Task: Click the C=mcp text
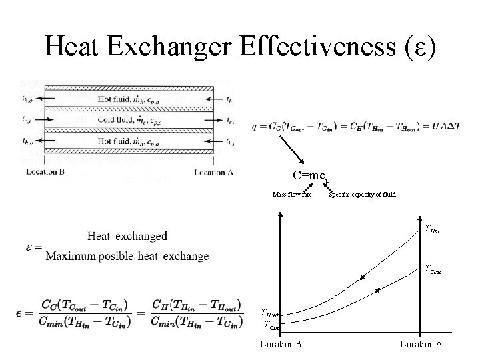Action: tap(311, 176)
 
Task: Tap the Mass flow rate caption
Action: tap(292, 195)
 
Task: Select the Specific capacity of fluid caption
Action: tap(363, 195)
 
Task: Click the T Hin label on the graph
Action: tap(431, 229)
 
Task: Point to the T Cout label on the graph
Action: tap(433, 269)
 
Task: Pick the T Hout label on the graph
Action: tap(273, 313)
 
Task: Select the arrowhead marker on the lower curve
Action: tap(377, 290)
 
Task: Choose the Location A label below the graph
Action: tap(421, 344)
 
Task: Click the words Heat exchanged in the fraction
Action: tap(127, 236)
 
